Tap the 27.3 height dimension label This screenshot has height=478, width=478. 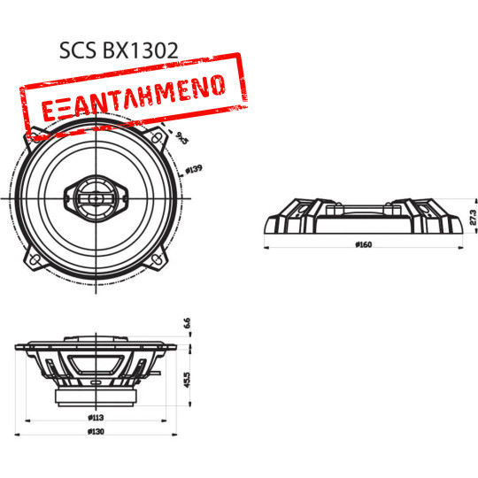point(473,217)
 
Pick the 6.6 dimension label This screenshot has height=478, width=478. point(188,323)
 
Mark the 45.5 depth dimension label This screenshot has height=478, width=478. point(188,378)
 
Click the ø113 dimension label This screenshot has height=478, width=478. point(97,414)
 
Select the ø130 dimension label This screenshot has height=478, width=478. point(97,431)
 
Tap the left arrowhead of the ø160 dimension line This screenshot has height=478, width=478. point(266,248)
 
